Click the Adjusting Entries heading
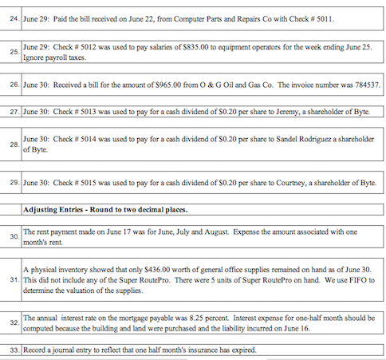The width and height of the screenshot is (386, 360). [104, 210]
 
